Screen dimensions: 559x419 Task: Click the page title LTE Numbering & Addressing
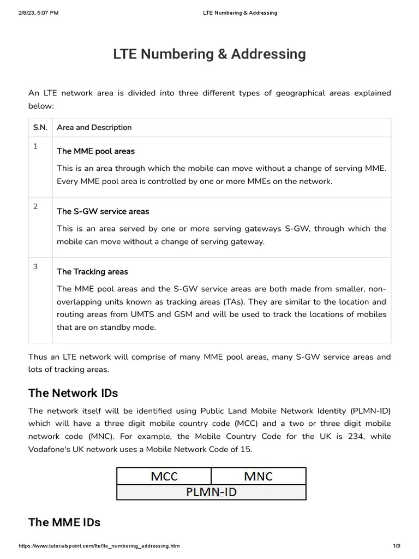[209, 55]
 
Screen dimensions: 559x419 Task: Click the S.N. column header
[40, 128]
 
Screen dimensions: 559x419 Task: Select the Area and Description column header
[94, 128]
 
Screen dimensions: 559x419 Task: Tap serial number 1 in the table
[35, 146]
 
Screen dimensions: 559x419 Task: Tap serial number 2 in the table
[35, 206]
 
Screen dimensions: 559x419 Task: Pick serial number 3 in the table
[35, 266]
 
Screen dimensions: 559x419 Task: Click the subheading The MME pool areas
[95, 151]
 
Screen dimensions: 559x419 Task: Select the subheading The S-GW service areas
[103, 211]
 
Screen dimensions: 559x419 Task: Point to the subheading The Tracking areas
[92, 272]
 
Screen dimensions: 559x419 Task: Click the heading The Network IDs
[73, 393]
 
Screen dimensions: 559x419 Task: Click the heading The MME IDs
[64, 522]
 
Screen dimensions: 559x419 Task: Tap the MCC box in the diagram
[164, 477]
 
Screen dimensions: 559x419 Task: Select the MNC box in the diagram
[259, 477]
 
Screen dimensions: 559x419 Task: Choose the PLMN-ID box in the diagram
[212, 492]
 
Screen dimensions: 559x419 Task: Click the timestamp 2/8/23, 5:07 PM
[39, 13]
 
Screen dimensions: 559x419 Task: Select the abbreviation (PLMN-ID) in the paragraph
[367, 411]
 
